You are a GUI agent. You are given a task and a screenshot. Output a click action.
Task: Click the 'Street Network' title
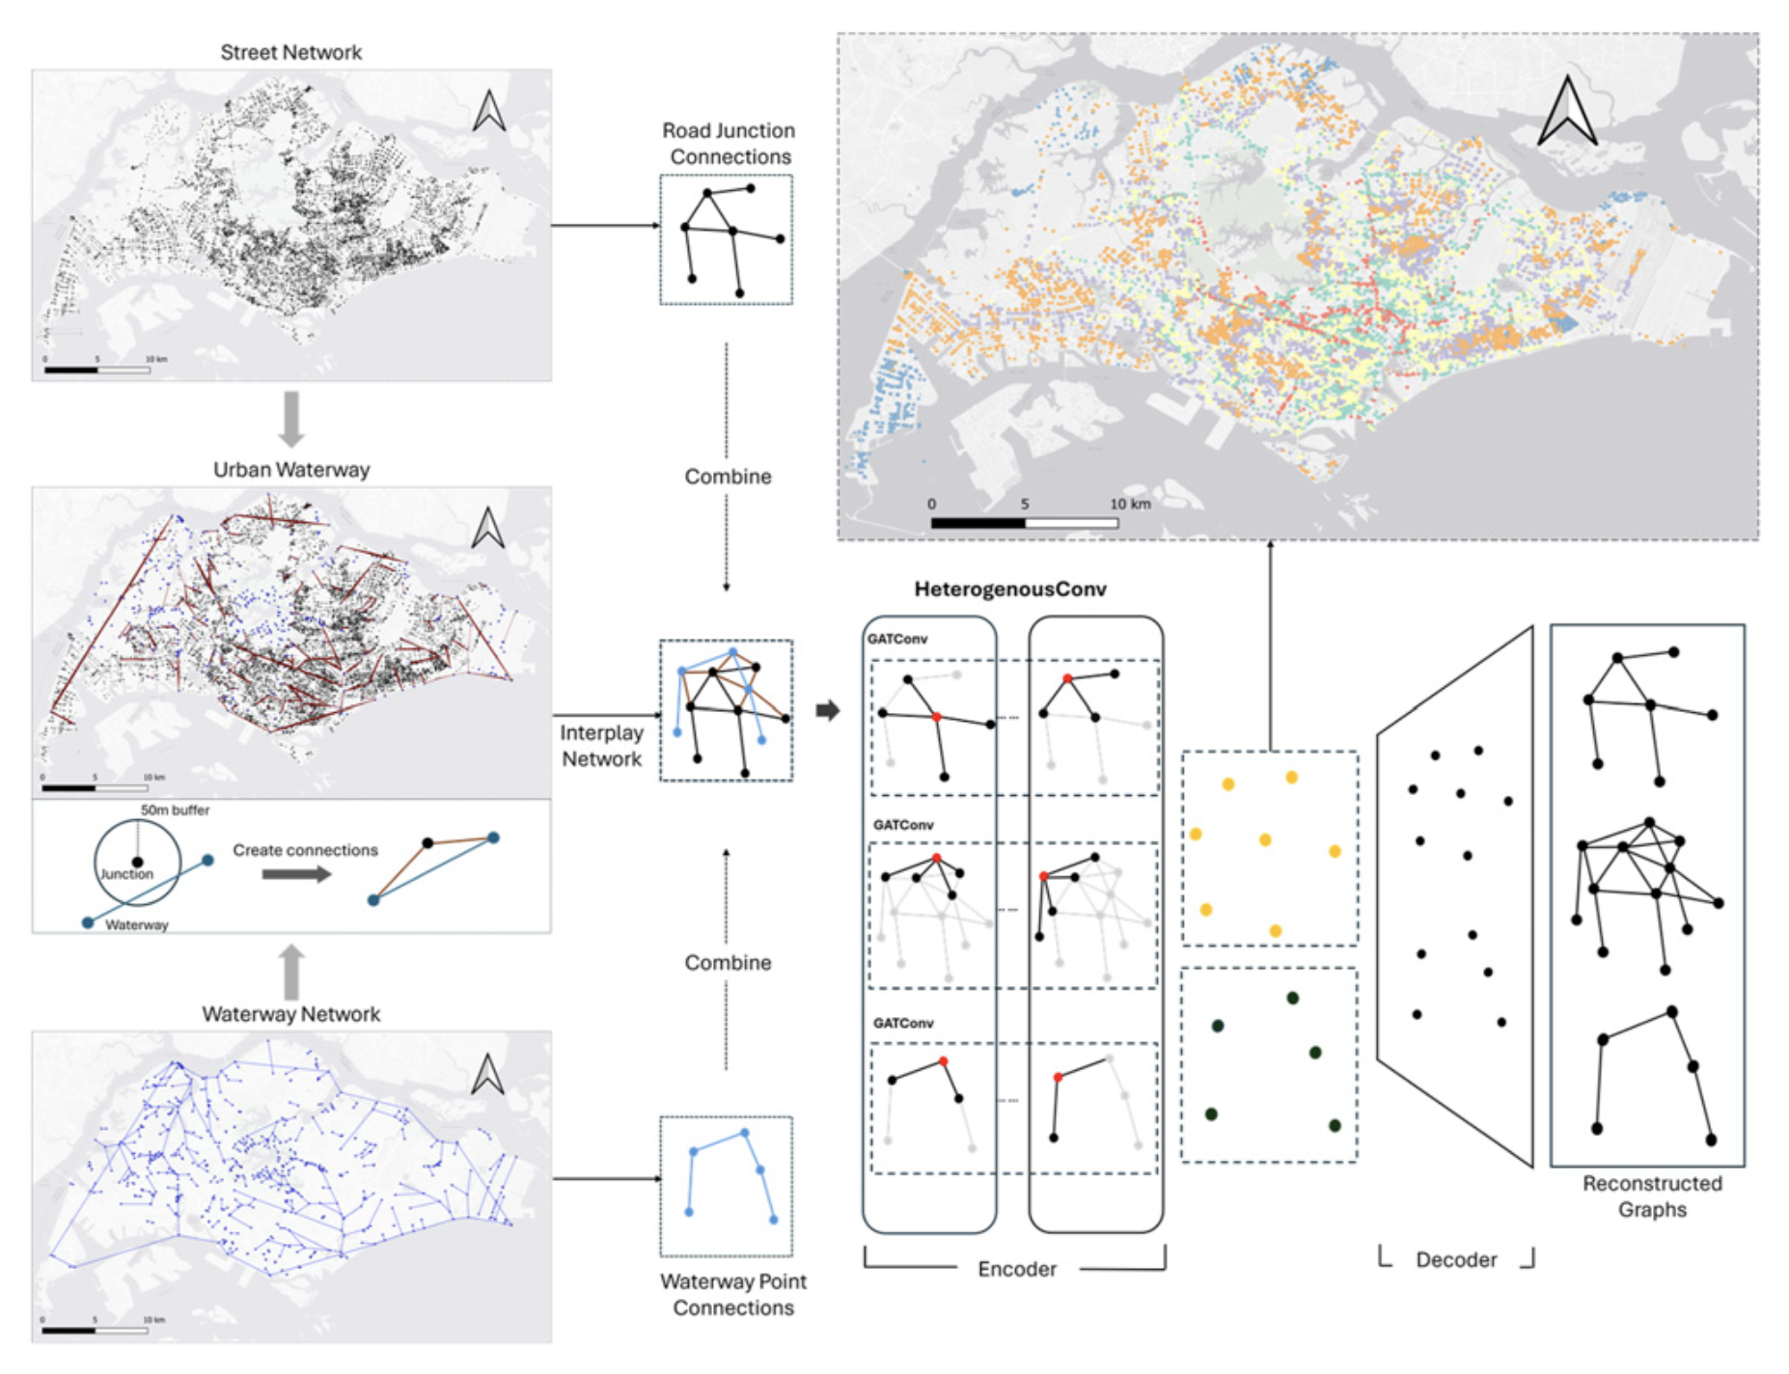[x=290, y=52]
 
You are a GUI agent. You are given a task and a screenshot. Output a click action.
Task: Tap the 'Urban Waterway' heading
[x=290, y=470]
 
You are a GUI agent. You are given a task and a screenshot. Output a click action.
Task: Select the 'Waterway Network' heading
[x=290, y=1014]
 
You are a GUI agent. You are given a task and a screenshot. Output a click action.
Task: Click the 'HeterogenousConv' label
[x=1009, y=590]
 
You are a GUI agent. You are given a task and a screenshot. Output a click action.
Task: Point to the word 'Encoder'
[x=1016, y=1269]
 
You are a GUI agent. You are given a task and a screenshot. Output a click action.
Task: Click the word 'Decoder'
[x=1455, y=1260]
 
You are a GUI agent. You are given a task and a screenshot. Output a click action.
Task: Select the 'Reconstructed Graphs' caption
[x=1651, y=1196]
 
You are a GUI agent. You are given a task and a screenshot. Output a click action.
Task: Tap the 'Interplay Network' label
[x=601, y=746]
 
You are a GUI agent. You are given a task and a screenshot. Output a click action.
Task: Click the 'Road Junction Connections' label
[x=729, y=144]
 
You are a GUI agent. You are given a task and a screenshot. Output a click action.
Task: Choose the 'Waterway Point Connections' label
[x=732, y=1295]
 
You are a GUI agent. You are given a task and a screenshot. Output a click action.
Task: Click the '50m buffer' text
[x=175, y=811]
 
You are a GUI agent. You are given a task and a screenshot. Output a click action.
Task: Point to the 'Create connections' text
[x=305, y=850]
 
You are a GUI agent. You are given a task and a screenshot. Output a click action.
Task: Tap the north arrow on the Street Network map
[x=489, y=111]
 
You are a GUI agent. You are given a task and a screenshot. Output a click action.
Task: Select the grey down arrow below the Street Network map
[x=290, y=419]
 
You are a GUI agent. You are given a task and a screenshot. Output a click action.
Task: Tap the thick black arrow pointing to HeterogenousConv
[x=827, y=711]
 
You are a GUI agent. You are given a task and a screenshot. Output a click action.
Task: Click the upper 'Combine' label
[x=728, y=477]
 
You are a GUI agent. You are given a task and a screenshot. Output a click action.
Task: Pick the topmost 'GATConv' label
[x=896, y=639]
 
